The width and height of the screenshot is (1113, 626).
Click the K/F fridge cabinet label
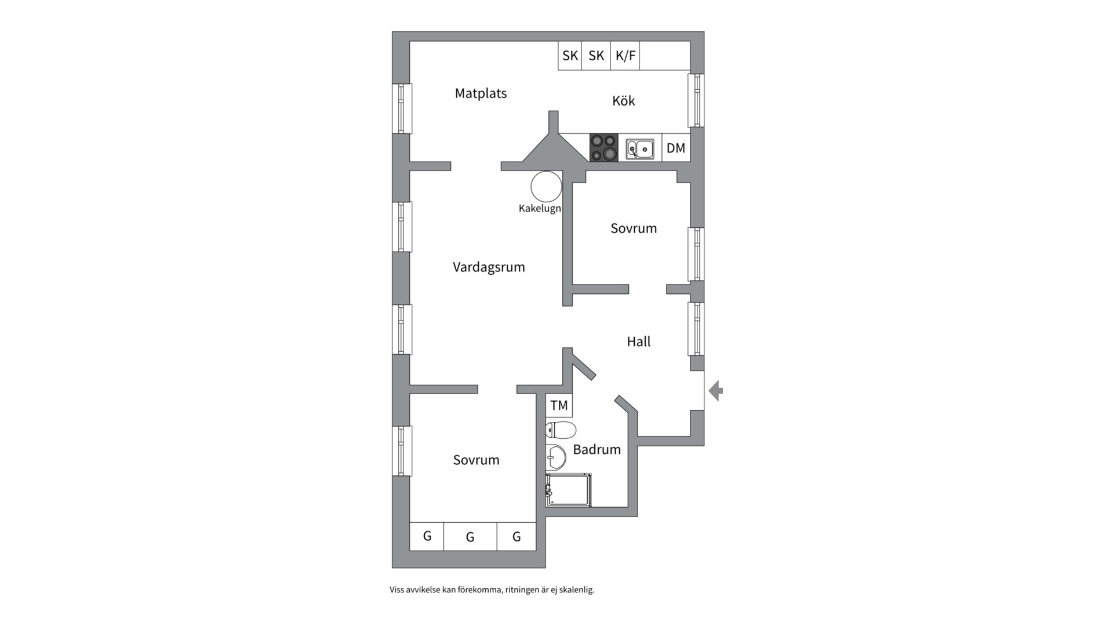tap(625, 56)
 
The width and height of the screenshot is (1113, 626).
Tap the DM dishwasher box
tap(676, 148)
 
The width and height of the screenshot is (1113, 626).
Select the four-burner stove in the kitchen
tap(603, 147)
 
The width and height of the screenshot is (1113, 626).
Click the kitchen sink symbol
tap(640, 149)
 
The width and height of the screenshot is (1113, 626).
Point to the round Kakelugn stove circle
tap(546, 187)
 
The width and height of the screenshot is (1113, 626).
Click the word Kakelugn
tap(540, 209)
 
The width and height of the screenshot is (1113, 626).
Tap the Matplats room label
tap(481, 93)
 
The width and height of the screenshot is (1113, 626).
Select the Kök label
tap(623, 101)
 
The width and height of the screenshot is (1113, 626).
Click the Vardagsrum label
tap(489, 267)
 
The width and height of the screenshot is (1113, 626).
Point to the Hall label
tap(638, 341)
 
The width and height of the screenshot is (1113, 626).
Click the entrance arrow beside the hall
tap(716, 391)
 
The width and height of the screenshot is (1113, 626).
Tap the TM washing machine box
tap(559, 405)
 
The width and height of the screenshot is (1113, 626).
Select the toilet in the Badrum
tap(561, 430)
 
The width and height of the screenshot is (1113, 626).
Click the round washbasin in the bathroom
tap(556, 457)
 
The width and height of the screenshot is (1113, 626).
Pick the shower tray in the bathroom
tap(569, 490)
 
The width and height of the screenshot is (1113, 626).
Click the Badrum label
tap(596, 449)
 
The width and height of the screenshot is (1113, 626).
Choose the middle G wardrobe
tap(470, 537)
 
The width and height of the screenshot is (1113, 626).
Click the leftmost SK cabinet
tap(570, 56)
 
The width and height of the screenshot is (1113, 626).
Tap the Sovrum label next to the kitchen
tap(634, 228)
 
